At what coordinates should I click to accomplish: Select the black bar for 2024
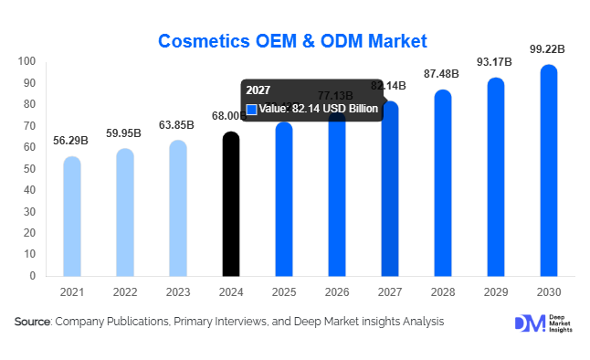(x=232, y=206)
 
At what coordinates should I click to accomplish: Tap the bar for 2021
(x=72, y=217)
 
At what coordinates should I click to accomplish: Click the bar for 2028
(x=443, y=184)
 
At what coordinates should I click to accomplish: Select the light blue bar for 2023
(x=178, y=209)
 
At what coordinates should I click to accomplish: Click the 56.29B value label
(x=72, y=141)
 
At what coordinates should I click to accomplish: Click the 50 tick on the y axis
(x=29, y=169)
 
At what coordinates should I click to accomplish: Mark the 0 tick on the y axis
(x=32, y=275)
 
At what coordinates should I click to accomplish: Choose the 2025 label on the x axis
(x=285, y=291)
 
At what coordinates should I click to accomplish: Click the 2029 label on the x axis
(x=496, y=291)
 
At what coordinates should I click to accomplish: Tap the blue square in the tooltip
(x=252, y=109)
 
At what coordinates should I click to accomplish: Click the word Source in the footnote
(x=33, y=322)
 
